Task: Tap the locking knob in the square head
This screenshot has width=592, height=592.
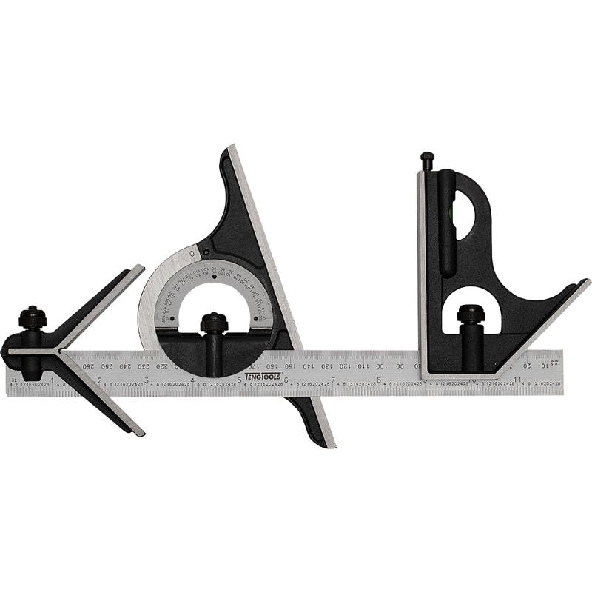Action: click(471, 314)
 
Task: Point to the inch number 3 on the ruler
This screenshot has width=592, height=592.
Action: click(146, 380)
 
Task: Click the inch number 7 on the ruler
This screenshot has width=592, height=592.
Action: click(333, 380)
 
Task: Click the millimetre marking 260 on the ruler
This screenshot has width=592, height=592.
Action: click(89, 366)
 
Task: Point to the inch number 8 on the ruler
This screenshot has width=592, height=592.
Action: click(379, 380)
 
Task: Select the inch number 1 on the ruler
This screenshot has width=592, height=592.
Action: click(52, 380)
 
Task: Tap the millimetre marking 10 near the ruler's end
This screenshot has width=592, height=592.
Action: click(545, 366)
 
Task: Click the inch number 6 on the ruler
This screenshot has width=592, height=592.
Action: click(286, 380)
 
